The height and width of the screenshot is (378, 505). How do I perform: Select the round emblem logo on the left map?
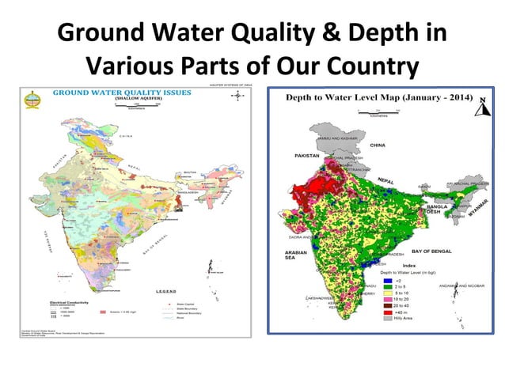tap(32, 99)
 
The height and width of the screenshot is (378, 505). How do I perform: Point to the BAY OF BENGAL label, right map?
tap(431, 251)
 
